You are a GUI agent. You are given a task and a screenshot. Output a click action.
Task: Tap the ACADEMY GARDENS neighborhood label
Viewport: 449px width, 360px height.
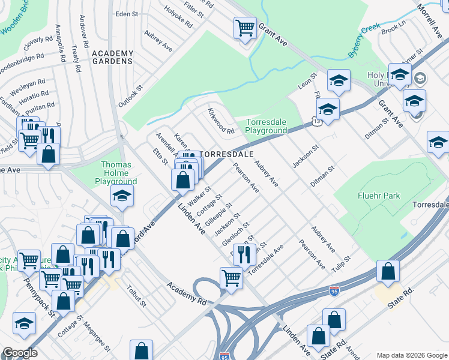point(112,58)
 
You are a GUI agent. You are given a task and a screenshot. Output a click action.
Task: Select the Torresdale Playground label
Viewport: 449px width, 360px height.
point(267,126)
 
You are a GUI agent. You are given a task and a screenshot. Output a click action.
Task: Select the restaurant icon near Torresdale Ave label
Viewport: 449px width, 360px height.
point(244,254)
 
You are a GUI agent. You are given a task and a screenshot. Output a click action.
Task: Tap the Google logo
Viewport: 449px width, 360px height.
point(20,353)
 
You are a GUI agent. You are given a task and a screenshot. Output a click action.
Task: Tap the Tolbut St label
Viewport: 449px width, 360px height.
point(136,295)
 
